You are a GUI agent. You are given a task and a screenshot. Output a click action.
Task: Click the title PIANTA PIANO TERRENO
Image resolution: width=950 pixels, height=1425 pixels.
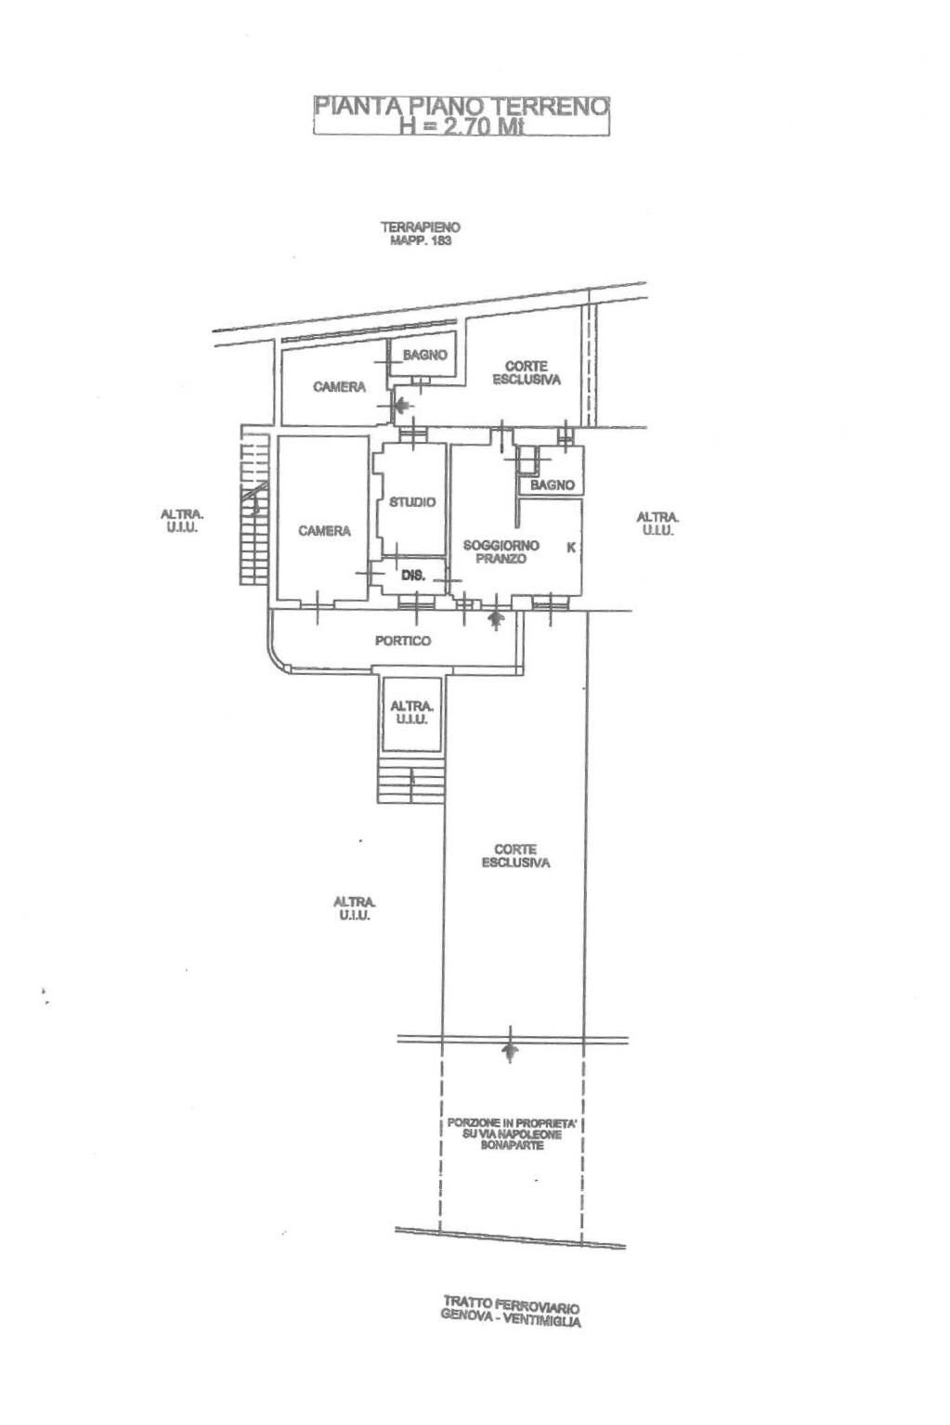(462, 106)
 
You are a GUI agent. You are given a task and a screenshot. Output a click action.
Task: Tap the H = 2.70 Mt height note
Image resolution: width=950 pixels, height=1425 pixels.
(462, 126)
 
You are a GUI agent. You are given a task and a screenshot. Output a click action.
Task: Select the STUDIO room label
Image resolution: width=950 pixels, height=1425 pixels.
(412, 502)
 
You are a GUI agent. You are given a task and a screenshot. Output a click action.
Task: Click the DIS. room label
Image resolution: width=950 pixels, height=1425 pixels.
(413, 576)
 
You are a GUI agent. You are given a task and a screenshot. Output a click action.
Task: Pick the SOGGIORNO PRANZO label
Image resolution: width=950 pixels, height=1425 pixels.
(501, 551)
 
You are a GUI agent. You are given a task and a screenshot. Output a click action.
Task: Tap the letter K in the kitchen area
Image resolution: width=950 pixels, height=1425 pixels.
(571, 547)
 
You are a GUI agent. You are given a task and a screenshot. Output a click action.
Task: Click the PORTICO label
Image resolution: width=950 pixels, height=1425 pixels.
(403, 641)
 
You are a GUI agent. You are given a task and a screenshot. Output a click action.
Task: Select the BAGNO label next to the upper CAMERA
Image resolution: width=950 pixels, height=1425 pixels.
(424, 355)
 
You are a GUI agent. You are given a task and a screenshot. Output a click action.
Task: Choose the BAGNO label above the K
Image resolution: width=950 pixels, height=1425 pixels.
(553, 485)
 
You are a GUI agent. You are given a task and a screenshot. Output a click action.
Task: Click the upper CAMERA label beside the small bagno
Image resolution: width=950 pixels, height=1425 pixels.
(339, 387)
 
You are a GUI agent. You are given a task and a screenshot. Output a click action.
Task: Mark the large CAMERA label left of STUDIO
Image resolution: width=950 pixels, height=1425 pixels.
(324, 531)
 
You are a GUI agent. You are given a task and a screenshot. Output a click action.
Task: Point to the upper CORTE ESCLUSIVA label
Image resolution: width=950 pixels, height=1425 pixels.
(527, 373)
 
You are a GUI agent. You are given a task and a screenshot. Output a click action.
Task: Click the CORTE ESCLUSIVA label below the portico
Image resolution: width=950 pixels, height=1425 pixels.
(515, 856)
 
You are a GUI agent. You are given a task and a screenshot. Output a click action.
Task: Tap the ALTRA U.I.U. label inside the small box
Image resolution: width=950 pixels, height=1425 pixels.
(411, 713)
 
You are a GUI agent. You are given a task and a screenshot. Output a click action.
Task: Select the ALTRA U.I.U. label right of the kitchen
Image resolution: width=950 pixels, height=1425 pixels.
(657, 525)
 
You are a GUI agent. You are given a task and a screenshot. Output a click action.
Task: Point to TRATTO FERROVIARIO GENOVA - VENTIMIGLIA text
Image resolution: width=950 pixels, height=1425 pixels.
(512, 1312)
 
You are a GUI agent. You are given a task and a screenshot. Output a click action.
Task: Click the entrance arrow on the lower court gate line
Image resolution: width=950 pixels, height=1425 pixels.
(509, 1056)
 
